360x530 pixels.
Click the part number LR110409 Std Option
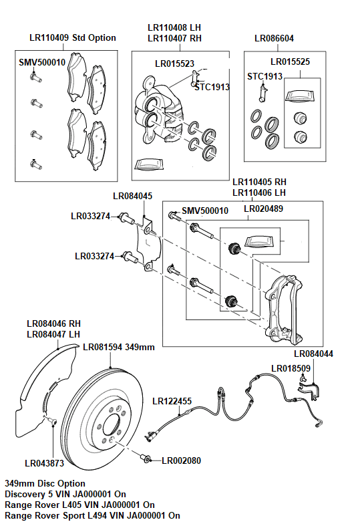click(73, 38)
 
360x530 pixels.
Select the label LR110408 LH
click(174, 27)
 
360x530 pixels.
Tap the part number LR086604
click(274, 38)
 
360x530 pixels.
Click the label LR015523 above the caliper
click(174, 64)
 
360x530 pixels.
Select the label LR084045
click(132, 196)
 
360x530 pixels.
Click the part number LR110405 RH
click(259, 182)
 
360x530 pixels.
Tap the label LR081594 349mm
click(119, 347)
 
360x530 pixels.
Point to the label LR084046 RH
click(53, 322)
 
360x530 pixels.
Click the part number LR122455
click(172, 402)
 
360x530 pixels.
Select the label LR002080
click(181, 460)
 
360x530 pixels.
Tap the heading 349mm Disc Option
click(45, 483)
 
